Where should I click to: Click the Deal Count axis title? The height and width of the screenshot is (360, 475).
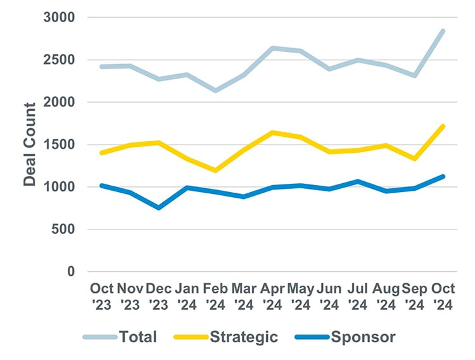click(30, 145)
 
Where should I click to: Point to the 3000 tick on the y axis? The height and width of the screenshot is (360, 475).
click(60, 18)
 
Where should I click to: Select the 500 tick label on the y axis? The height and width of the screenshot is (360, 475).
click(63, 229)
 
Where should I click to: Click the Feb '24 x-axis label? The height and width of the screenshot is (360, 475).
click(215, 296)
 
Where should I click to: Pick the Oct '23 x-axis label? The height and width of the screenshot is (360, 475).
click(101, 296)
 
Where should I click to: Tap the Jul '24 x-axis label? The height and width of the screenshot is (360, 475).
click(358, 296)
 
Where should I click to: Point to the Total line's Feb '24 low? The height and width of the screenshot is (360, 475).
click(215, 91)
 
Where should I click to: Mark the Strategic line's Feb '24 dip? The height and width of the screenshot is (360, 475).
click(215, 170)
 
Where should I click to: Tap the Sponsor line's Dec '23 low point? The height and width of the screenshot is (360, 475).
click(158, 208)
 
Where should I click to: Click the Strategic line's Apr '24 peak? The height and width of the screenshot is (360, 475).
click(272, 132)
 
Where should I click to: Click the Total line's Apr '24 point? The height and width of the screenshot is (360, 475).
click(272, 48)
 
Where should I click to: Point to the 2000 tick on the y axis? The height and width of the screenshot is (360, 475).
click(60, 102)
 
